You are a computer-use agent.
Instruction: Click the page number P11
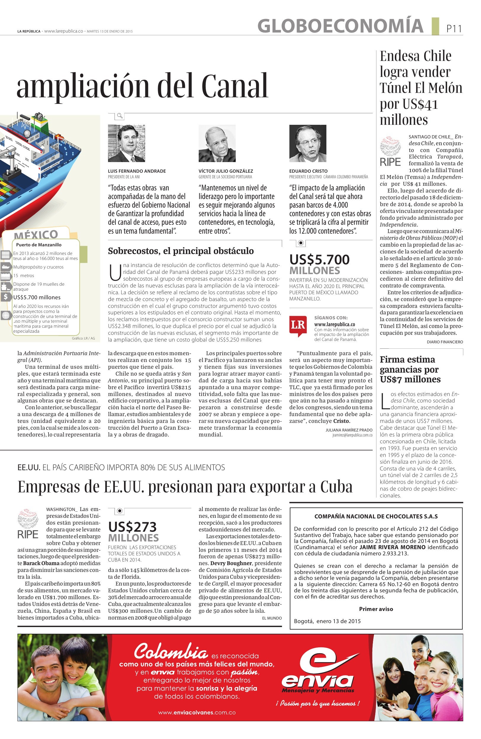[454, 29]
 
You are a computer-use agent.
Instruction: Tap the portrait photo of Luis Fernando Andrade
[126, 143]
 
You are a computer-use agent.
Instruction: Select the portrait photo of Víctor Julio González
[217, 143]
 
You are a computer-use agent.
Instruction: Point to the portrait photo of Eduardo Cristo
[308, 143]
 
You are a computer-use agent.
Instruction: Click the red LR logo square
[298, 326]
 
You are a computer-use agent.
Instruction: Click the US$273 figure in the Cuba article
[132, 527]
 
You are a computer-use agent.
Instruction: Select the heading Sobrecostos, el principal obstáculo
[181, 251]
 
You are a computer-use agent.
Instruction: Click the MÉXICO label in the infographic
[36, 234]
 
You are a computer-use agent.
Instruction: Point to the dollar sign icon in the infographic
[6, 297]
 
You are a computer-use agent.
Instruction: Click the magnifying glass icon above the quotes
[120, 117]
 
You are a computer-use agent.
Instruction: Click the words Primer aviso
[376, 609]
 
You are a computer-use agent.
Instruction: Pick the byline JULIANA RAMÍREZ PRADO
[349, 430]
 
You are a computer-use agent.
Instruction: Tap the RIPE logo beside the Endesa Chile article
[390, 152]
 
